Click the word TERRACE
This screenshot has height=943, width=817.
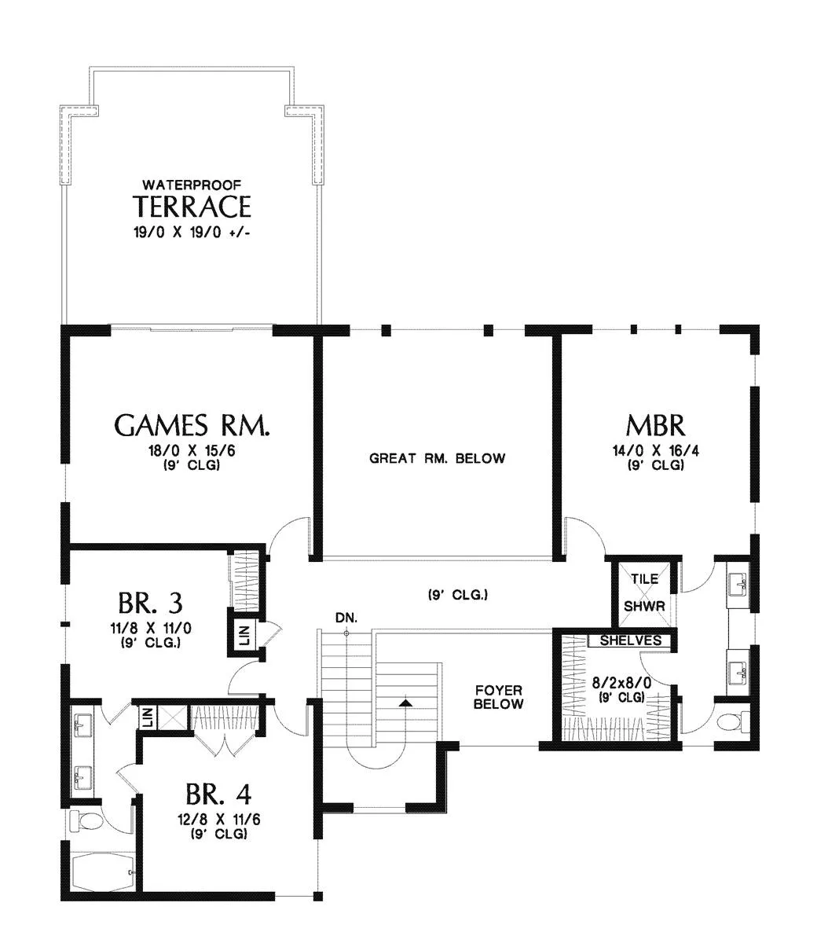(192, 206)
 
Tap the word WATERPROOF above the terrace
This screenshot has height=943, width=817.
(192, 185)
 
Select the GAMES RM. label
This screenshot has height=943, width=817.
(192, 425)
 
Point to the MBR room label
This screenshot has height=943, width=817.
(655, 425)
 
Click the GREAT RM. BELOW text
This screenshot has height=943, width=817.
(437, 458)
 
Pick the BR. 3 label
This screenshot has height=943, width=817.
(151, 602)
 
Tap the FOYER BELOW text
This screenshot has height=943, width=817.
(498, 697)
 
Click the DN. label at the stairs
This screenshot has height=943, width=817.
(346, 618)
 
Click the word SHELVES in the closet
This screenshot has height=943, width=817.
(631, 640)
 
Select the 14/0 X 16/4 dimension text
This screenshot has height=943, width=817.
(655, 451)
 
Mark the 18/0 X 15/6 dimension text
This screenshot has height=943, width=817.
(192, 451)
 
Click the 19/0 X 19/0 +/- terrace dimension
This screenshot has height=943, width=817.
(192, 233)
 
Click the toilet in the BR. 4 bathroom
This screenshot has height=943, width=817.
(86, 822)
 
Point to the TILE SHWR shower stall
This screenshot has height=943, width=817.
(644, 593)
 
